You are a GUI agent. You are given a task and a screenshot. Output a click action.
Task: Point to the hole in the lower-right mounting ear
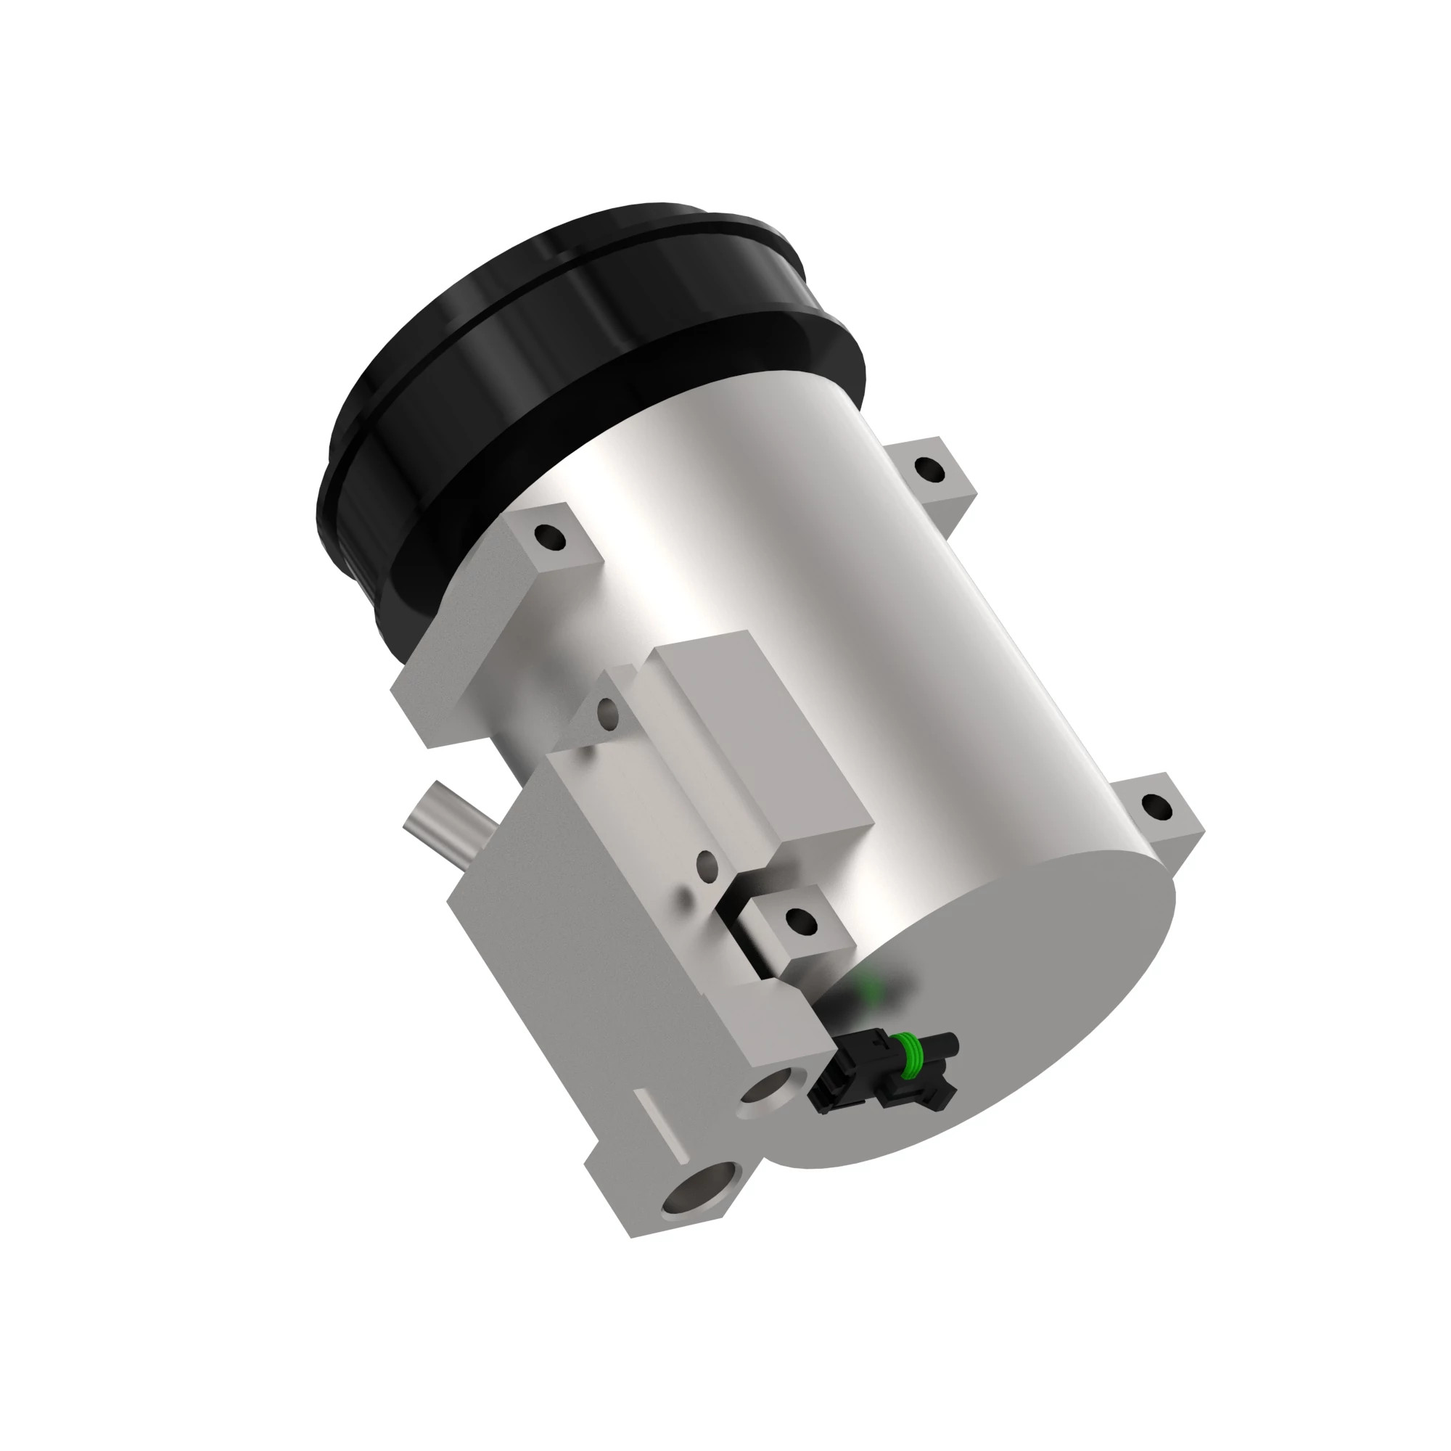(x=1154, y=807)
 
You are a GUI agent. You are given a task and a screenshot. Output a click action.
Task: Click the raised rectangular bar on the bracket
(x=759, y=744)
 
